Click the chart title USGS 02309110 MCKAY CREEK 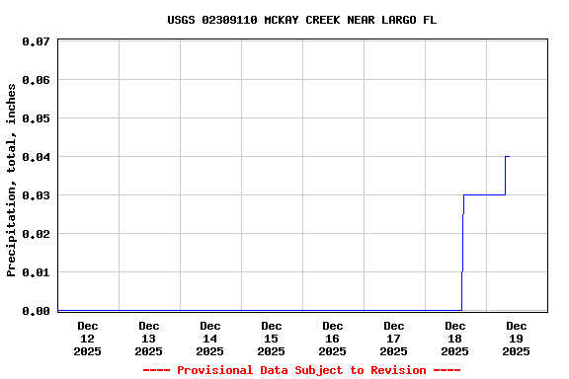pos(301,20)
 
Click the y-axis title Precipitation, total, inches pos(12,180)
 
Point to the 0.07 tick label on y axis pos(36,42)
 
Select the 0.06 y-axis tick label pos(36,80)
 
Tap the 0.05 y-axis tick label pos(36,118)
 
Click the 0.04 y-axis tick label pos(36,157)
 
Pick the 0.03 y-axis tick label pos(36,195)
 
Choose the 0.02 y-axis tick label pos(36,234)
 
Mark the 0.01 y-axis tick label pos(36,272)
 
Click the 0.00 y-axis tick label pos(36,311)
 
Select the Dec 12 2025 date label pos(88,338)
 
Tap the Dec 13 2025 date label pos(149,338)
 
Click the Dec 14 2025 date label pos(210,338)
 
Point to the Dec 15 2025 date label pos(272,338)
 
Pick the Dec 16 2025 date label pos(333,338)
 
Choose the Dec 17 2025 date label pos(394,338)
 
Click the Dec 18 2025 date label pos(455,338)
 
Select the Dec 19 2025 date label pos(517,338)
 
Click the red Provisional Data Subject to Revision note pos(301,370)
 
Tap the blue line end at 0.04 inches pos(508,156)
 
